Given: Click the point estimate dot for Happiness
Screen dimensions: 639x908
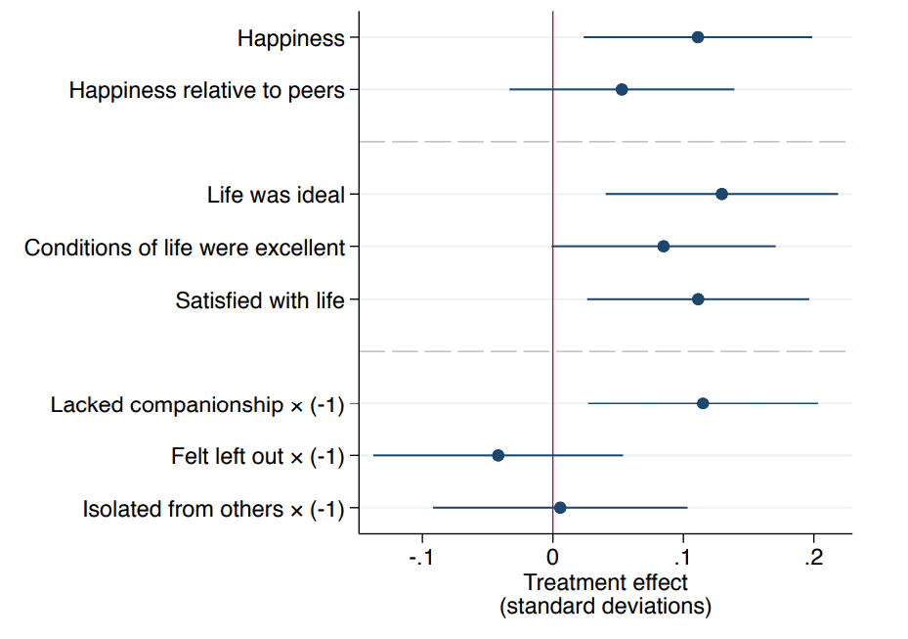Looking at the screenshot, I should pos(698,37).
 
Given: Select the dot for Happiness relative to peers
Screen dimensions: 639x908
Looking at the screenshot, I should pos(622,90).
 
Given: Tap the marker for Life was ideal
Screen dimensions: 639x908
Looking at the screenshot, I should pos(721,194).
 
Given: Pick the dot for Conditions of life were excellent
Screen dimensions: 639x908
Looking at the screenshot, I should pos(664,247).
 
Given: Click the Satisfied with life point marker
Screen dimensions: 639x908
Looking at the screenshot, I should pos(698,298).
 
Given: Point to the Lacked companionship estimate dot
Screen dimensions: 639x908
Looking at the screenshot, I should pos(703,403).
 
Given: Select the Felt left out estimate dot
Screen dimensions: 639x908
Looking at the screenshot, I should pos(498,455).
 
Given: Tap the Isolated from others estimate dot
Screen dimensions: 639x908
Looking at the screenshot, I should pos(560,508).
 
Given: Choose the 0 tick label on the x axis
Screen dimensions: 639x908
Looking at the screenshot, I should pos(553,559).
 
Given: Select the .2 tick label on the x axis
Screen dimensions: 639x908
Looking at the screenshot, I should pos(812,559).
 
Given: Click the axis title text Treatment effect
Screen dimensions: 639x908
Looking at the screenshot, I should pos(606,583).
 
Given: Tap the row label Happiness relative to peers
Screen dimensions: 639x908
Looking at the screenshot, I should pos(207,91).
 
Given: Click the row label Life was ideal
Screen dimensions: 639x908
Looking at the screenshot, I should pos(276,195).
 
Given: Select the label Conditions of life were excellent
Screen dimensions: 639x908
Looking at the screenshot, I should pos(185,248).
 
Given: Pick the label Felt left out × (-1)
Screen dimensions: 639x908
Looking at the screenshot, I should pos(258,456).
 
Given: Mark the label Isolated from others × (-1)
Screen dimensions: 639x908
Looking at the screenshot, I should pos(214,509).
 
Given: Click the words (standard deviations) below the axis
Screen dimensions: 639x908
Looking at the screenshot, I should pos(606,607).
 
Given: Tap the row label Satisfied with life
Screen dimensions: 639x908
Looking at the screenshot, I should pos(260,299).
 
